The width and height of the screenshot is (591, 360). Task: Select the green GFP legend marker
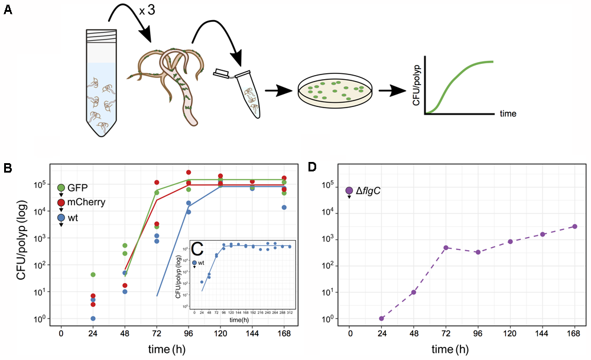[x=61, y=188]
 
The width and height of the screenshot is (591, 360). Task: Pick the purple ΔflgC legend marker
[x=349, y=190]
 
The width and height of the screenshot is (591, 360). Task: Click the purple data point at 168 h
[x=574, y=226]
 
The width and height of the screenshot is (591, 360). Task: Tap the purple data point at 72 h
[x=446, y=248]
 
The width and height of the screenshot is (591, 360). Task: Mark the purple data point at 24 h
[x=382, y=318]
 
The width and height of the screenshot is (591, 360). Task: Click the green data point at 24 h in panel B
[x=93, y=274]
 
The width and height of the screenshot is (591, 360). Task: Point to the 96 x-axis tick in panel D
[x=478, y=332]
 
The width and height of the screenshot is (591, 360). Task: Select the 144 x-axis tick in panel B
[x=252, y=332]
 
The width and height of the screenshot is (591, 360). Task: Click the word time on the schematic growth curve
[x=507, y=113]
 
